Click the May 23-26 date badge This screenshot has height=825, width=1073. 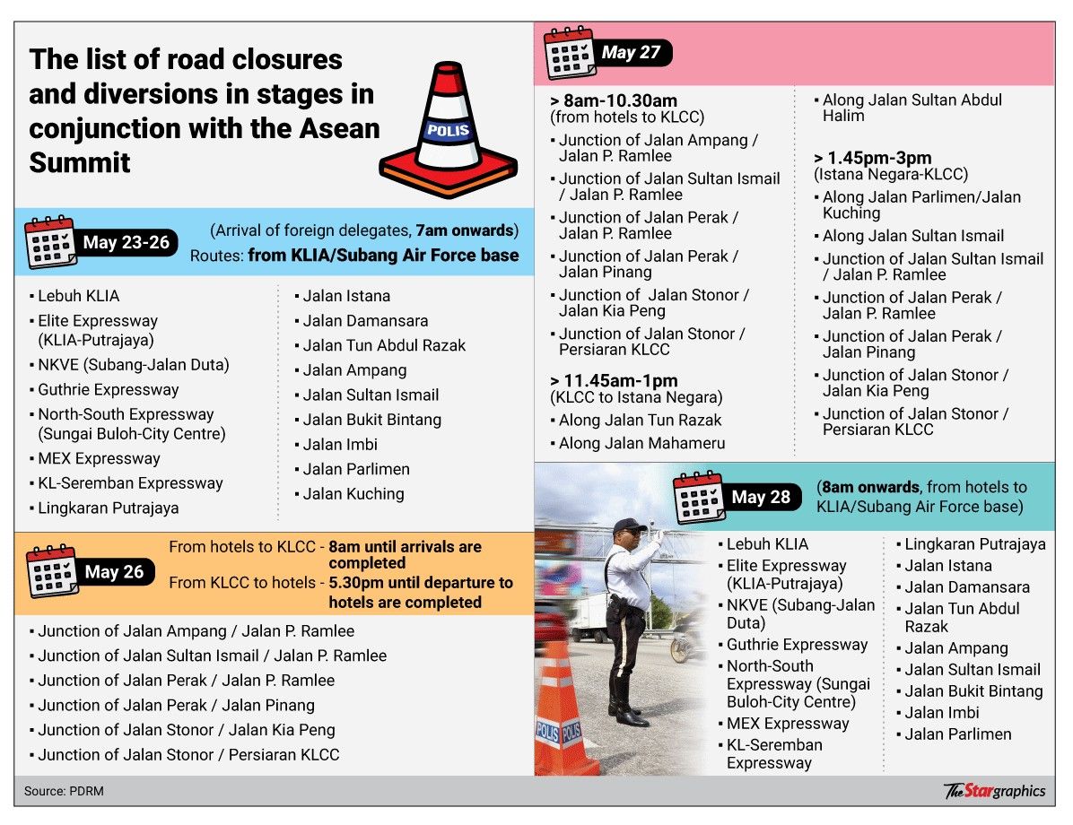pos(126,242)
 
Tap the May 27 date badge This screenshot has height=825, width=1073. pos(631,53)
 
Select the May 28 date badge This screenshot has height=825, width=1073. pos(760,497)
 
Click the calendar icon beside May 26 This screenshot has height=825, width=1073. pos(52,571)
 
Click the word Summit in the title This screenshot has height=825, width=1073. pos(80,162)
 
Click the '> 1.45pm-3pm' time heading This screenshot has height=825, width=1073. pos(873,158)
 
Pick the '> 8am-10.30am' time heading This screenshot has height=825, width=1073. pos(614,100)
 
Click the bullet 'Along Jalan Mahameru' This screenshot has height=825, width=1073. pos(641,443)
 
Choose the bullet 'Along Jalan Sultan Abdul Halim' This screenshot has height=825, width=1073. pos(912,108)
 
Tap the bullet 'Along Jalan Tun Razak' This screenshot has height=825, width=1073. pos(640,420)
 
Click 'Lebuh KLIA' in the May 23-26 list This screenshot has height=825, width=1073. pos(78,296)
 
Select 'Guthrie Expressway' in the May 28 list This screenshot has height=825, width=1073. pos(797,645)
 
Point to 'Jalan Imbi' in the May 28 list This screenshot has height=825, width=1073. pos(941,713)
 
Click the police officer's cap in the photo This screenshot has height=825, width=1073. pos(630,525)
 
